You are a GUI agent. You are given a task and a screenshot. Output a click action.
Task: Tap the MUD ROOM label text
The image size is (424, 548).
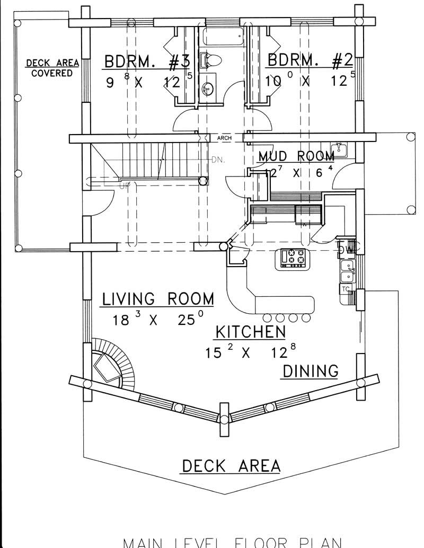296,156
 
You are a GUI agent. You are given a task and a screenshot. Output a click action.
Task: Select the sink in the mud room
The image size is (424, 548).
339,149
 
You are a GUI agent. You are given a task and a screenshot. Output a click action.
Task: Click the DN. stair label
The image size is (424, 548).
218,159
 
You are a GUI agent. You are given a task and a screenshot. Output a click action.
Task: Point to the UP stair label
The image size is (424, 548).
125,186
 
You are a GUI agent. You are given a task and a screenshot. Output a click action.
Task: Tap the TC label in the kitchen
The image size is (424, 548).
346,289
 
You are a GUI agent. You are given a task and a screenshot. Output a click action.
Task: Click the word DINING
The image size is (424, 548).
310,370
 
